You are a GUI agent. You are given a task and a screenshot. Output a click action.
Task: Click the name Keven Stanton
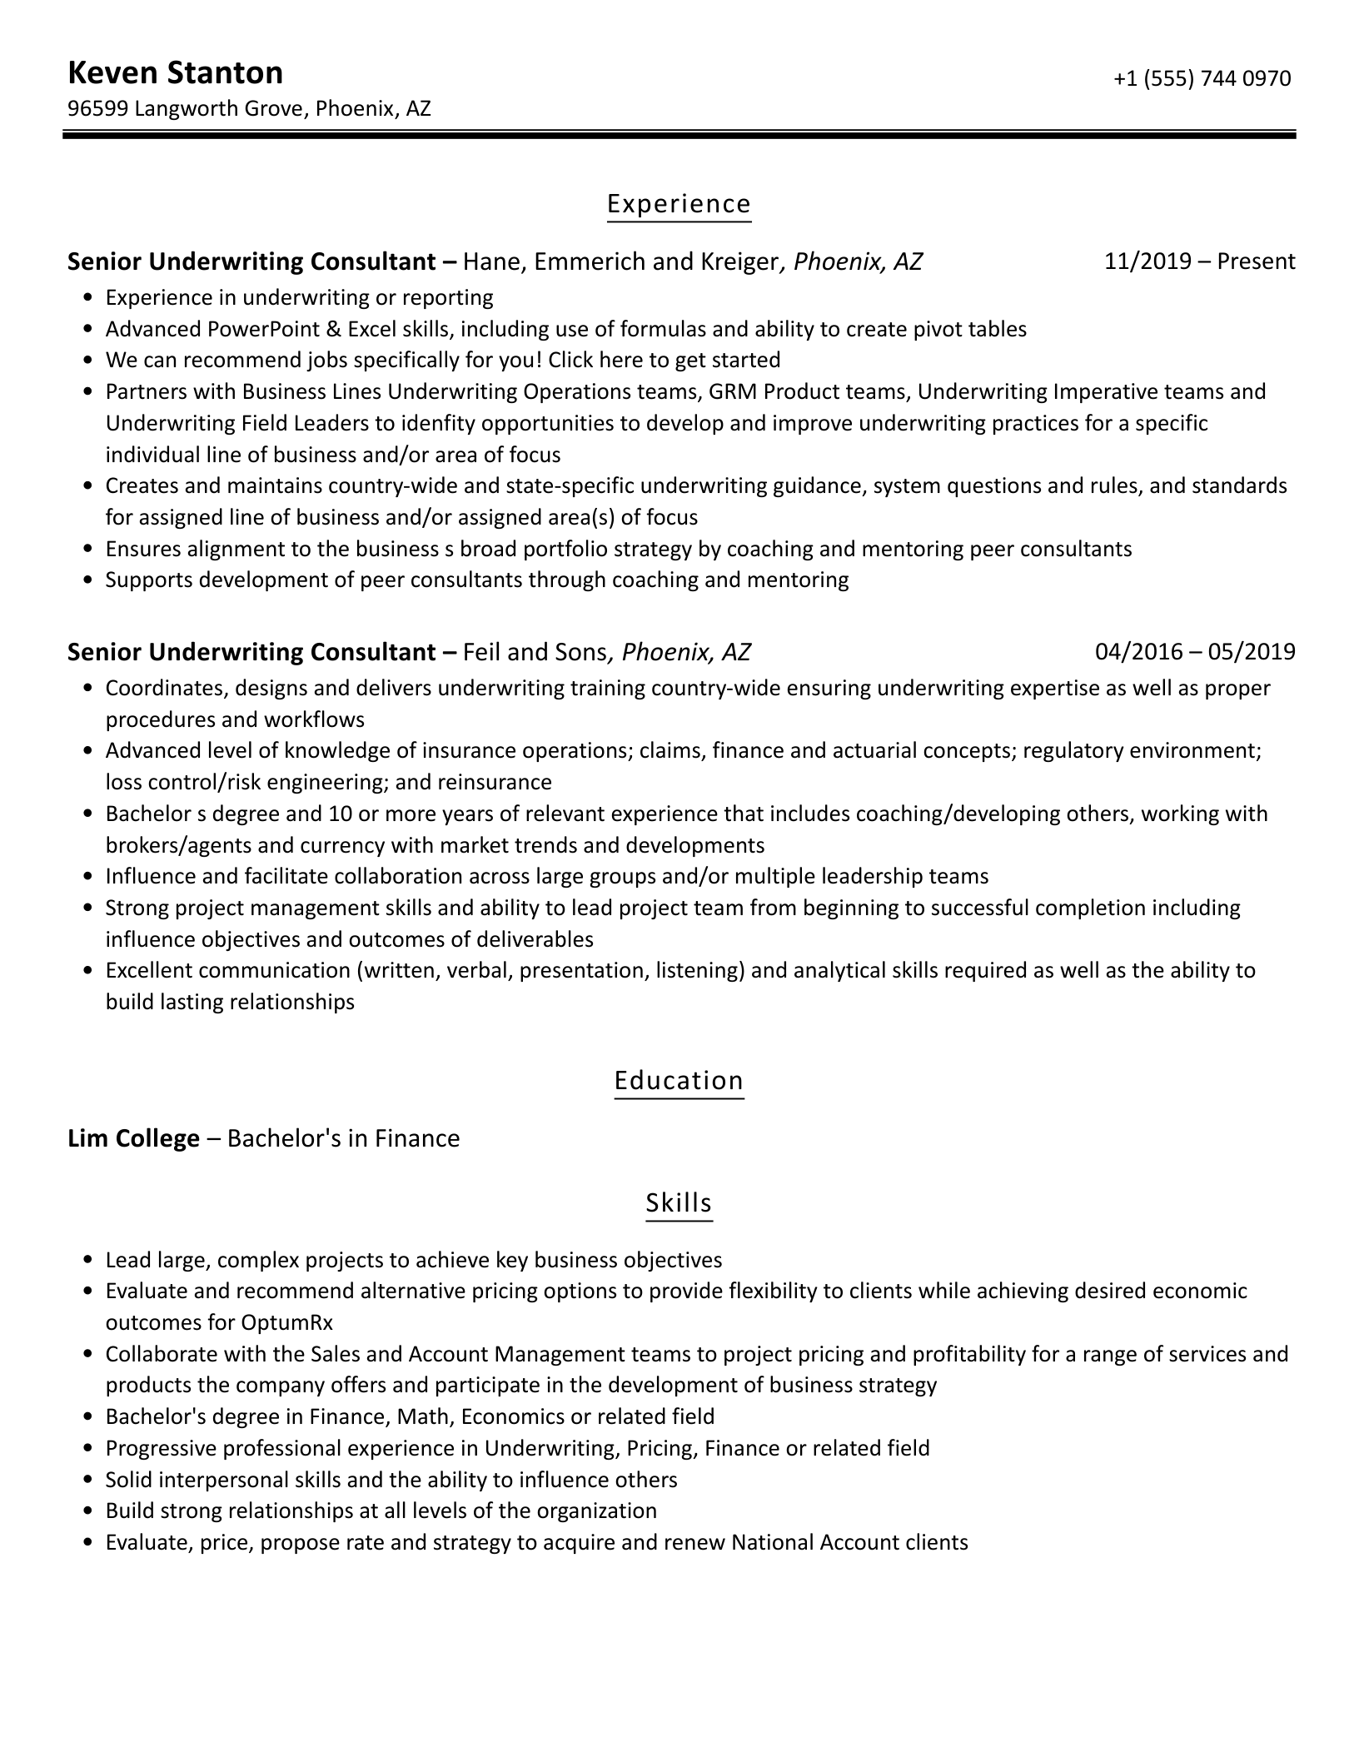click(x=175, y=73)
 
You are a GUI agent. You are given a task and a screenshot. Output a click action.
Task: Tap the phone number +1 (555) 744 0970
click(x=1202, y=78)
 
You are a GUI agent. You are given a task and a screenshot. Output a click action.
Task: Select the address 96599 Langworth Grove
click(x=185, y=108)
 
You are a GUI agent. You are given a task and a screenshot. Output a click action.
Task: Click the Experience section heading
click(x=679, y=204)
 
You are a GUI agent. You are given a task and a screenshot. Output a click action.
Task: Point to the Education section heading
click(x=679, y=1080)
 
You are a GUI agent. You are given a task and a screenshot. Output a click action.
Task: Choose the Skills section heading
click(x=679, y=1202)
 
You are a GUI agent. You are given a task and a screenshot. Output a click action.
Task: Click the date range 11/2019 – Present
click(x=1199, y=261)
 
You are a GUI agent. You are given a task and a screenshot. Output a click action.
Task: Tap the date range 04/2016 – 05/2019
click(x=1195, y=651)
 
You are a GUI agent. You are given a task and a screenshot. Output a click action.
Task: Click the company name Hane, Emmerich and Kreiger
click(x=620, y=261)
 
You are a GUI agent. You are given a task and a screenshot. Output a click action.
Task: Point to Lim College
click(x=133, y=1138)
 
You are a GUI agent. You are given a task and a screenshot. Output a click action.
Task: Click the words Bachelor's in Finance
click(x=343, y=1138)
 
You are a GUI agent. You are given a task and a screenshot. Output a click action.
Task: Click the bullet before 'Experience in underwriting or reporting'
click(x=88, y=298)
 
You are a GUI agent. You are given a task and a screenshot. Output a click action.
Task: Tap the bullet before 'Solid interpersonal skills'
click(x=88, y=1481)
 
